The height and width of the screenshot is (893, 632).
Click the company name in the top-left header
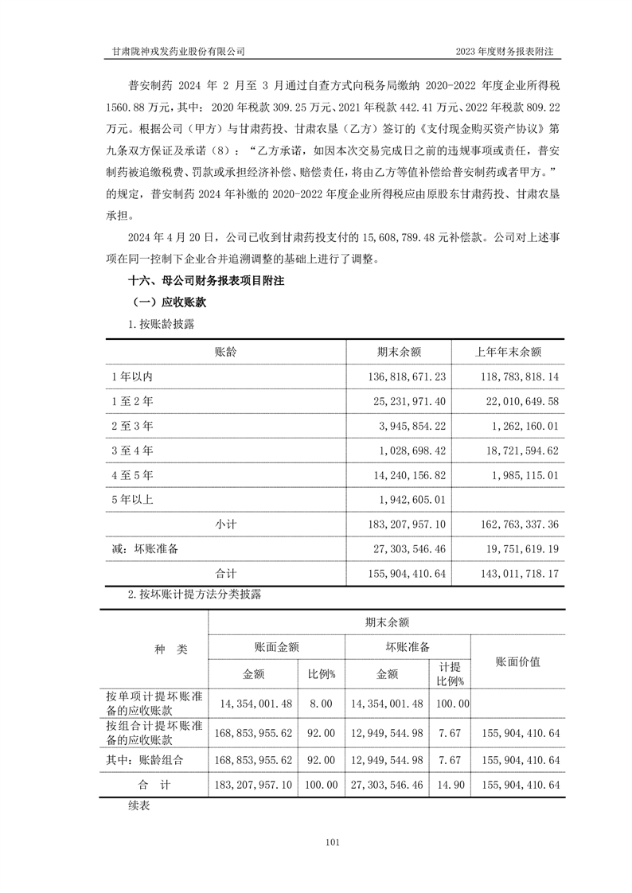point(179,51)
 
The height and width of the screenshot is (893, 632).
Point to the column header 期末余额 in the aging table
point(398,352)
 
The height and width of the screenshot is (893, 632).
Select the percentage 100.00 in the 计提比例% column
point(451,704)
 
